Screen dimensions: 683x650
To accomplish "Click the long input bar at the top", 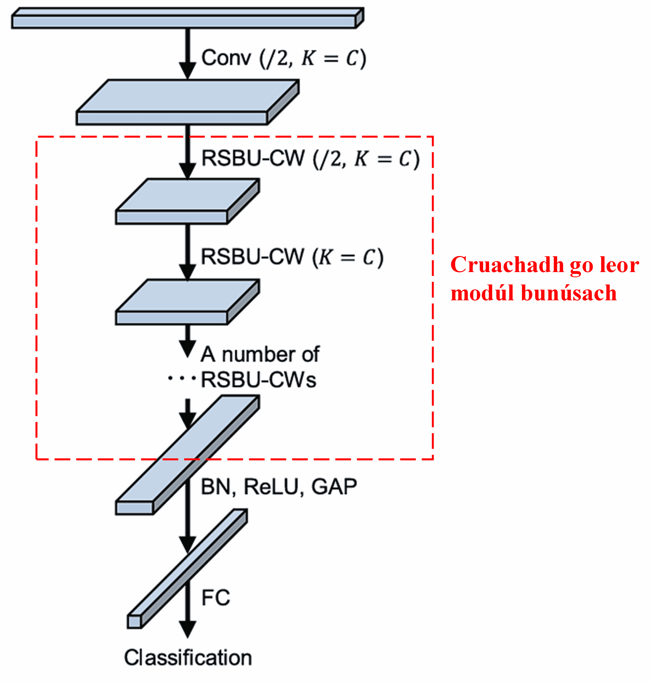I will click(x=184, y=22).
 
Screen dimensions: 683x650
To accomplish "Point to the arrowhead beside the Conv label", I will click(x=187, y=71).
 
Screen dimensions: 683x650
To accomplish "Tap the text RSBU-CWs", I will click(x=259, y=380).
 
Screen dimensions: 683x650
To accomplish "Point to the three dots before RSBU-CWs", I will click(x=181, y=378).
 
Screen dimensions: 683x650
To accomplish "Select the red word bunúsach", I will click(x=569, y=293).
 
